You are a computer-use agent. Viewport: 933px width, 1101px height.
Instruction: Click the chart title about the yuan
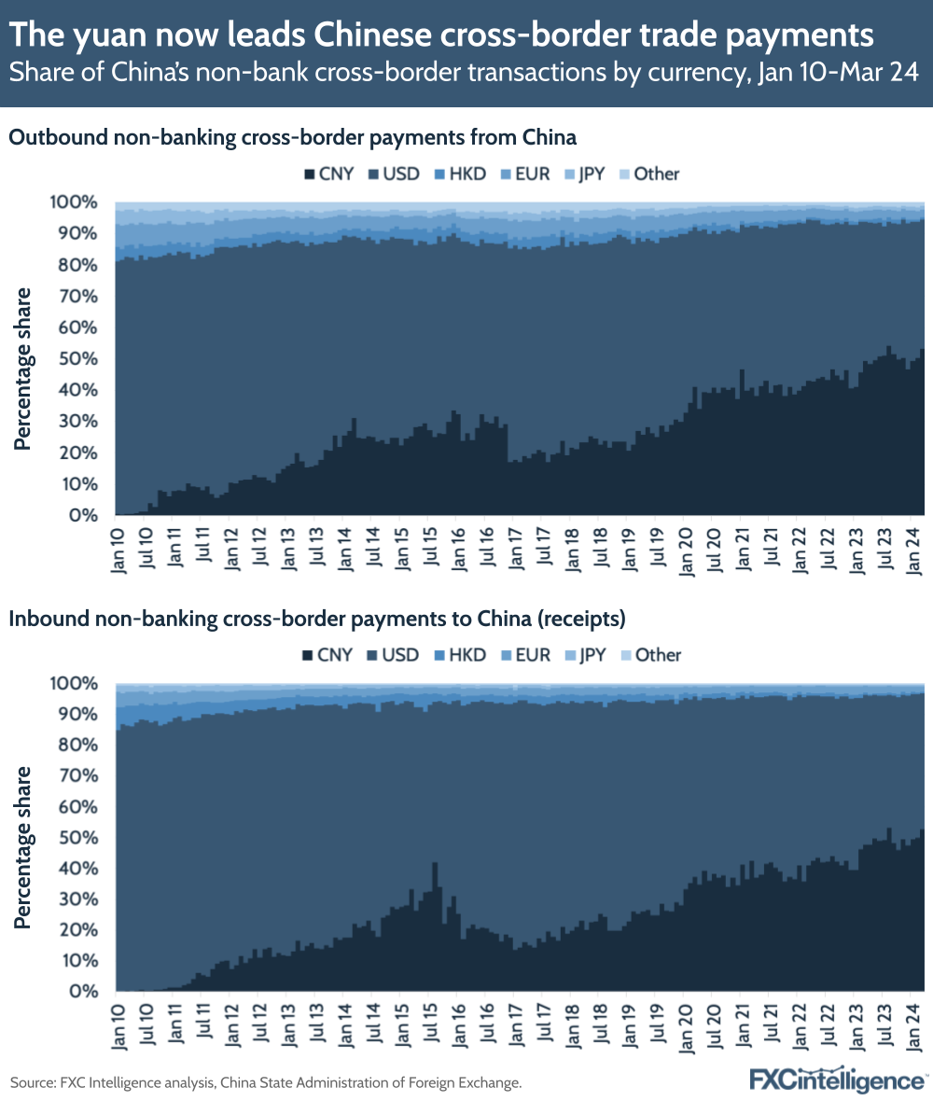tap(441, 35)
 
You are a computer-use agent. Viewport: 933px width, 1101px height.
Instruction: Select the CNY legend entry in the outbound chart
tap(327, 174)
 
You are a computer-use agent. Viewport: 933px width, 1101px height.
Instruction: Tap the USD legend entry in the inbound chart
tap(392, 655)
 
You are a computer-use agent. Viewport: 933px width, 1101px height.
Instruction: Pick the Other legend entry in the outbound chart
tap(649, 174)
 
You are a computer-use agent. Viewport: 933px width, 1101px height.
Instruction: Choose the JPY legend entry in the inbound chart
tap(583, 655)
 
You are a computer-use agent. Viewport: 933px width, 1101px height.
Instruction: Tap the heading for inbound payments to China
tap(316, 619)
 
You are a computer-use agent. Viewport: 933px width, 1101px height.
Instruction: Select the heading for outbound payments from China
tap(293, 138)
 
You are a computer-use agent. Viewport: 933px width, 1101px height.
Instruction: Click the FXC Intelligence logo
tap(838, 1080)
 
